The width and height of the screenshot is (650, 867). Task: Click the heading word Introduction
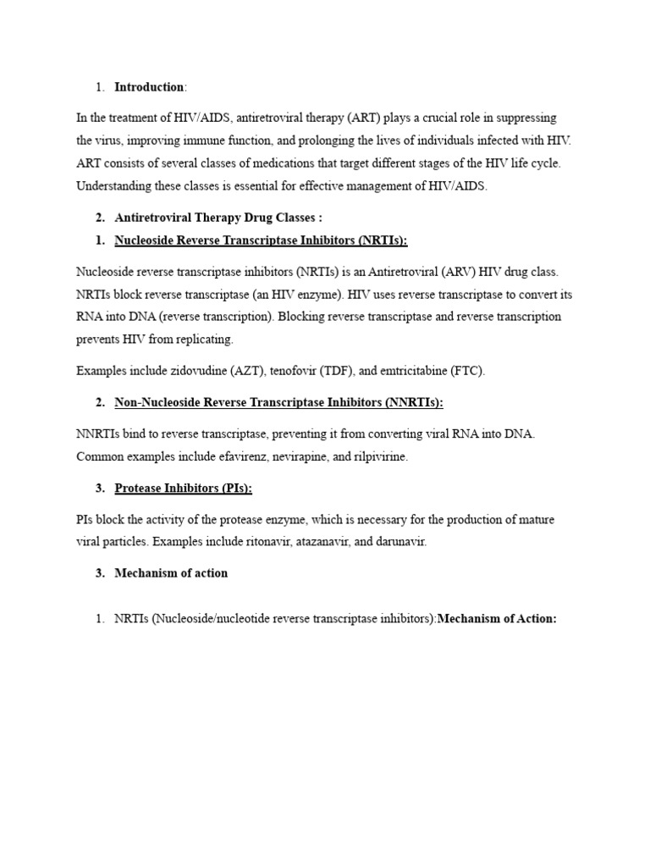click(149, 87)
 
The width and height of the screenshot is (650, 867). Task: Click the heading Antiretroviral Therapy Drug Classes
click(218, 218)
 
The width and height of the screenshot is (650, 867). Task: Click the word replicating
click(201, 339)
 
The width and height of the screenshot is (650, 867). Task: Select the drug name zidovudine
click(184, 371)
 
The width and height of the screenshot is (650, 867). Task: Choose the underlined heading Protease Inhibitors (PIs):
click(183, 488)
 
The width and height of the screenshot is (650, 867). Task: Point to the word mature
click(534, 519)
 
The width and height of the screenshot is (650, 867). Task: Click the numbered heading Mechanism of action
click(171, 573)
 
